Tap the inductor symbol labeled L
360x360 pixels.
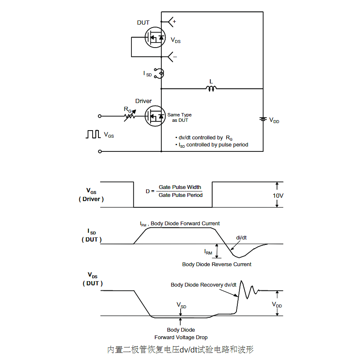pyautogui.click(x=211, y=88)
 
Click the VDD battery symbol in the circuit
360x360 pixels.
pyautogui.click(x=263, y=119)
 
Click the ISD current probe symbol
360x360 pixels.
pyautogui.click(x=159, y=73)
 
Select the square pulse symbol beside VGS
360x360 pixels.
pyautogui.click(x=93, y=134)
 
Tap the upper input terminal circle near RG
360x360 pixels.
pyautogui.click(x=100, y=116)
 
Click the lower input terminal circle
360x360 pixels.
pyautogui.click(x=100, y=151)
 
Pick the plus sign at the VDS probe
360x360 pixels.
pyautogui.click(x=174, y=21)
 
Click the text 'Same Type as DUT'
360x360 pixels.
pyautogui.click(x=179, y=117)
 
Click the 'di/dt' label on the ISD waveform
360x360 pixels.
pyautogui.click(x=242, y=237)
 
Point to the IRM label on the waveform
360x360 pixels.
pyautogui.click(x=208, y=252)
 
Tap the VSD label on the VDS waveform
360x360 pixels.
pyautogui.click(x=181, y=305)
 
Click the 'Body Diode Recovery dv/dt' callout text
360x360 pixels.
pyautogui.click(x=204, y=285)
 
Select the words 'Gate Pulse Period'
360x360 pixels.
pyautogui.click(x=181, y=195)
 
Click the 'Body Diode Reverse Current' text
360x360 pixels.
pyautogui.click(x=217, y=264)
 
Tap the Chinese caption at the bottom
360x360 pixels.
pyautogui.click(x=180, y=350)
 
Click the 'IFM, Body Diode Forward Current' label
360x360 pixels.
pyautogui.click(x=180, y=224)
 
